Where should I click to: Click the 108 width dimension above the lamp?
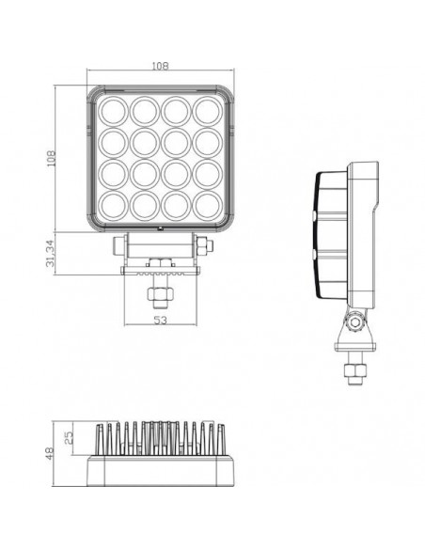coord(160,67)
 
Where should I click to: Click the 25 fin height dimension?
coord(68,437)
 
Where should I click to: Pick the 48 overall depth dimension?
coord(49,453)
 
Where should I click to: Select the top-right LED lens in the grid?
coord(206,111)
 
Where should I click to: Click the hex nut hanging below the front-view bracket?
coord(160,296)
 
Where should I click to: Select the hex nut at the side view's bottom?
coord(355,372)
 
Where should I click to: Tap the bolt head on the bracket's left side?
coord(115,249)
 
